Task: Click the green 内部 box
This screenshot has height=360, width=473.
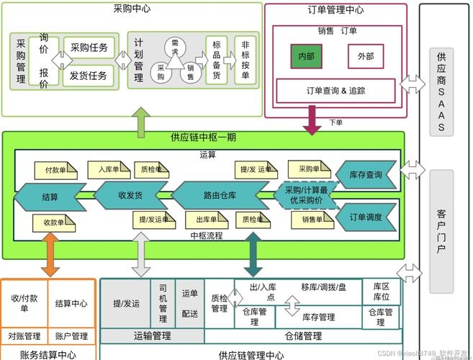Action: click(x=307, y=56)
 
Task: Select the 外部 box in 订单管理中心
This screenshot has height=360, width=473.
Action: click(x=366, y=56)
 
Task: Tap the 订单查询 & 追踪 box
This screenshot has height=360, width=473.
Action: click(x=335, y=91)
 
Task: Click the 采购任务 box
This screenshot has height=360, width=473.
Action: click(x=89, y=48)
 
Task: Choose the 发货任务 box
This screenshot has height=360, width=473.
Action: click(x=89, y=75)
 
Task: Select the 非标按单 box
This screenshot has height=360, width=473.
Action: click(x=246, y=60)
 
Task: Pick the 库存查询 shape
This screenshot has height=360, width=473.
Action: click(x=366, y=174)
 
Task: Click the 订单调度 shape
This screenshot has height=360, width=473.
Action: click(x=366, y=217)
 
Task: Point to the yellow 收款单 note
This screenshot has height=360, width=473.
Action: click(x=54, y=222)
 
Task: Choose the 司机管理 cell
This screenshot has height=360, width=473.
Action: click(x=163, y=302)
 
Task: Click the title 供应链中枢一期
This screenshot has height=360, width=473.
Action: click(x=203, y=138)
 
